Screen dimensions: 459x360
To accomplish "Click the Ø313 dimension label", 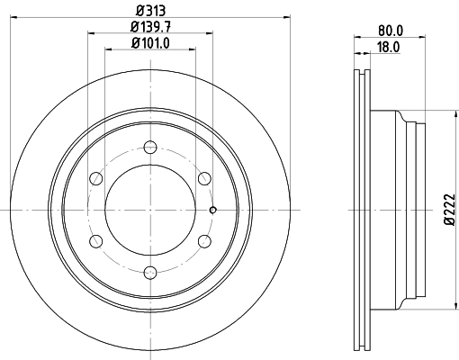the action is (150, 11).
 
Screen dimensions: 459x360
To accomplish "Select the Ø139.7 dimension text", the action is (150, 27).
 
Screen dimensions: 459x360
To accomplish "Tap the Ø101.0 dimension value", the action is (150, 43).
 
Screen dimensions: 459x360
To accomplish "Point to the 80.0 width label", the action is (391, 31).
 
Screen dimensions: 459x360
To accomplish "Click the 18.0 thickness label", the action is (388, 47).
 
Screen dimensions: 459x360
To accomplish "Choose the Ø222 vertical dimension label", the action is (450, 209).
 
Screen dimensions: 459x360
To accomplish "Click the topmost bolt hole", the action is (150, 147).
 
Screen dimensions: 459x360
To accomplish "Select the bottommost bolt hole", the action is (150, 273).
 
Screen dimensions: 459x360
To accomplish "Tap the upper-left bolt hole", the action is (96, 178).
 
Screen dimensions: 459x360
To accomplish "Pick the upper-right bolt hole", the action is (204, 178).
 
